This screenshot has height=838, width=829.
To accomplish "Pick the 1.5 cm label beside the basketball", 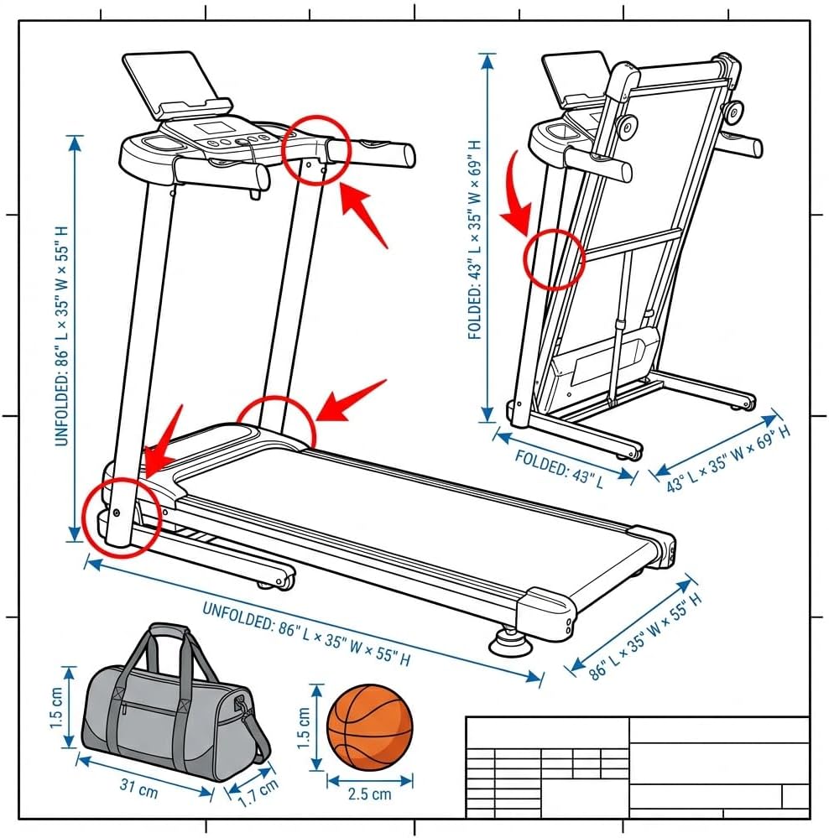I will pyautogui.click(x=304, y=726).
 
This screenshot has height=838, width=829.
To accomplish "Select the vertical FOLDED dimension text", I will pyautogui.click(x=476, y=239).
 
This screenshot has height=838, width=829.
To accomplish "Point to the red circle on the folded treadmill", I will pyautogui.click(x=553, y=258).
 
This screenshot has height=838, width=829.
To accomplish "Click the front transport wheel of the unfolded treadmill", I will pyautogui.click(x=276, y=578).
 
